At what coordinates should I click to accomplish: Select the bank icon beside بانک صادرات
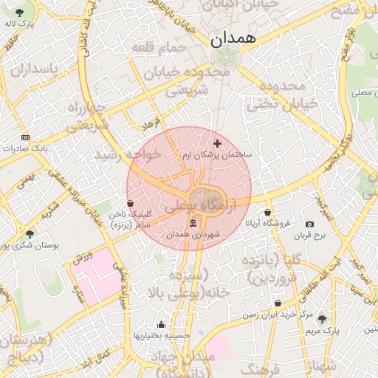click(x=25, y=137)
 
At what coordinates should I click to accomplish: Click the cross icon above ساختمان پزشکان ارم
click(x=217, y=142)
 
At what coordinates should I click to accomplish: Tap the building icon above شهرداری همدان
click(x=193, y=223)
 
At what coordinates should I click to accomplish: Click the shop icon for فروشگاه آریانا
click(x=267, y=212)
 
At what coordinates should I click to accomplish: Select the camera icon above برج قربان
click(x=309, y=224)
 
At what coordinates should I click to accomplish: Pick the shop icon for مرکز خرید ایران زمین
click(x=278, y=303)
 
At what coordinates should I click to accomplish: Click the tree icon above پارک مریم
click(x=321, y=317)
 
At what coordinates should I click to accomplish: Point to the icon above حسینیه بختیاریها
click(x=162, y=324)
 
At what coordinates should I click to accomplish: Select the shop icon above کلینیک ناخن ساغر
click(x=131, y=203)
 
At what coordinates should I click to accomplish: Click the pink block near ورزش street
click(x=96, y=278)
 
